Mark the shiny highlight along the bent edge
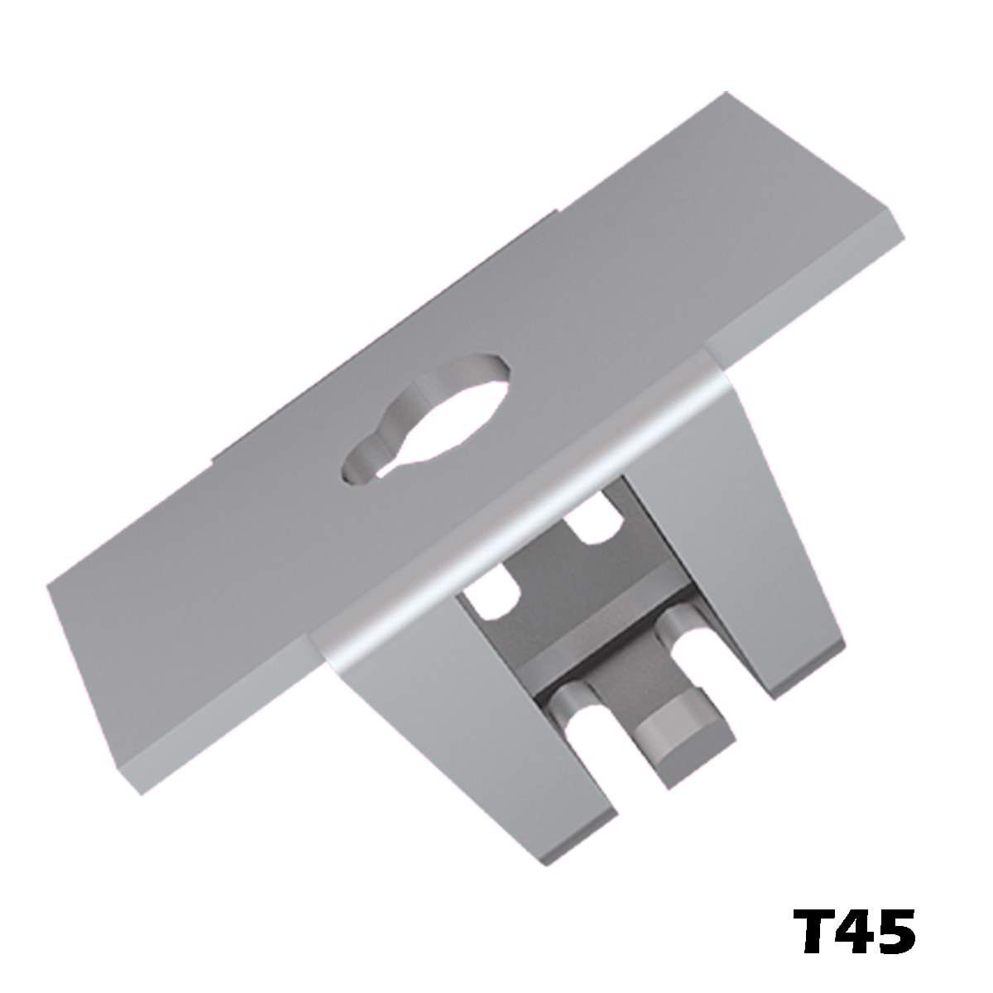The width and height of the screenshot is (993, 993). [x=513, y=513]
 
